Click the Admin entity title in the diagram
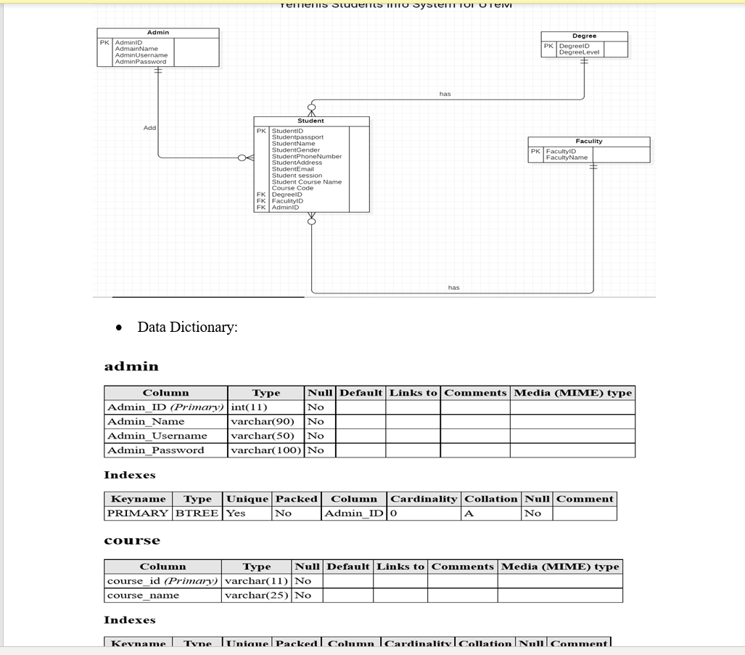[158, 33]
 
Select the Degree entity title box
[584, 36]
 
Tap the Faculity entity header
[588, 141]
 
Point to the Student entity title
[310, 121]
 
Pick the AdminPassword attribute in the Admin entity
[141, 62]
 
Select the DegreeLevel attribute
[580, 52]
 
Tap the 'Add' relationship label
[149, 128]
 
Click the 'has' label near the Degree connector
[445, 94]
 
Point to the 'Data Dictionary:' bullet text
[187, 327]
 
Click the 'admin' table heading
[131, 367]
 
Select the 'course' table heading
[132, 541]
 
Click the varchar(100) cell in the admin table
[266, 450]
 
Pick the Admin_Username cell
[157, 436]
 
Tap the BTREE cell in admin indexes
[197, 513]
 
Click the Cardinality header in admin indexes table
[424, 499]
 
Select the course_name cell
[143, 595]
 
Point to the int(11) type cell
[249, 407]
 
